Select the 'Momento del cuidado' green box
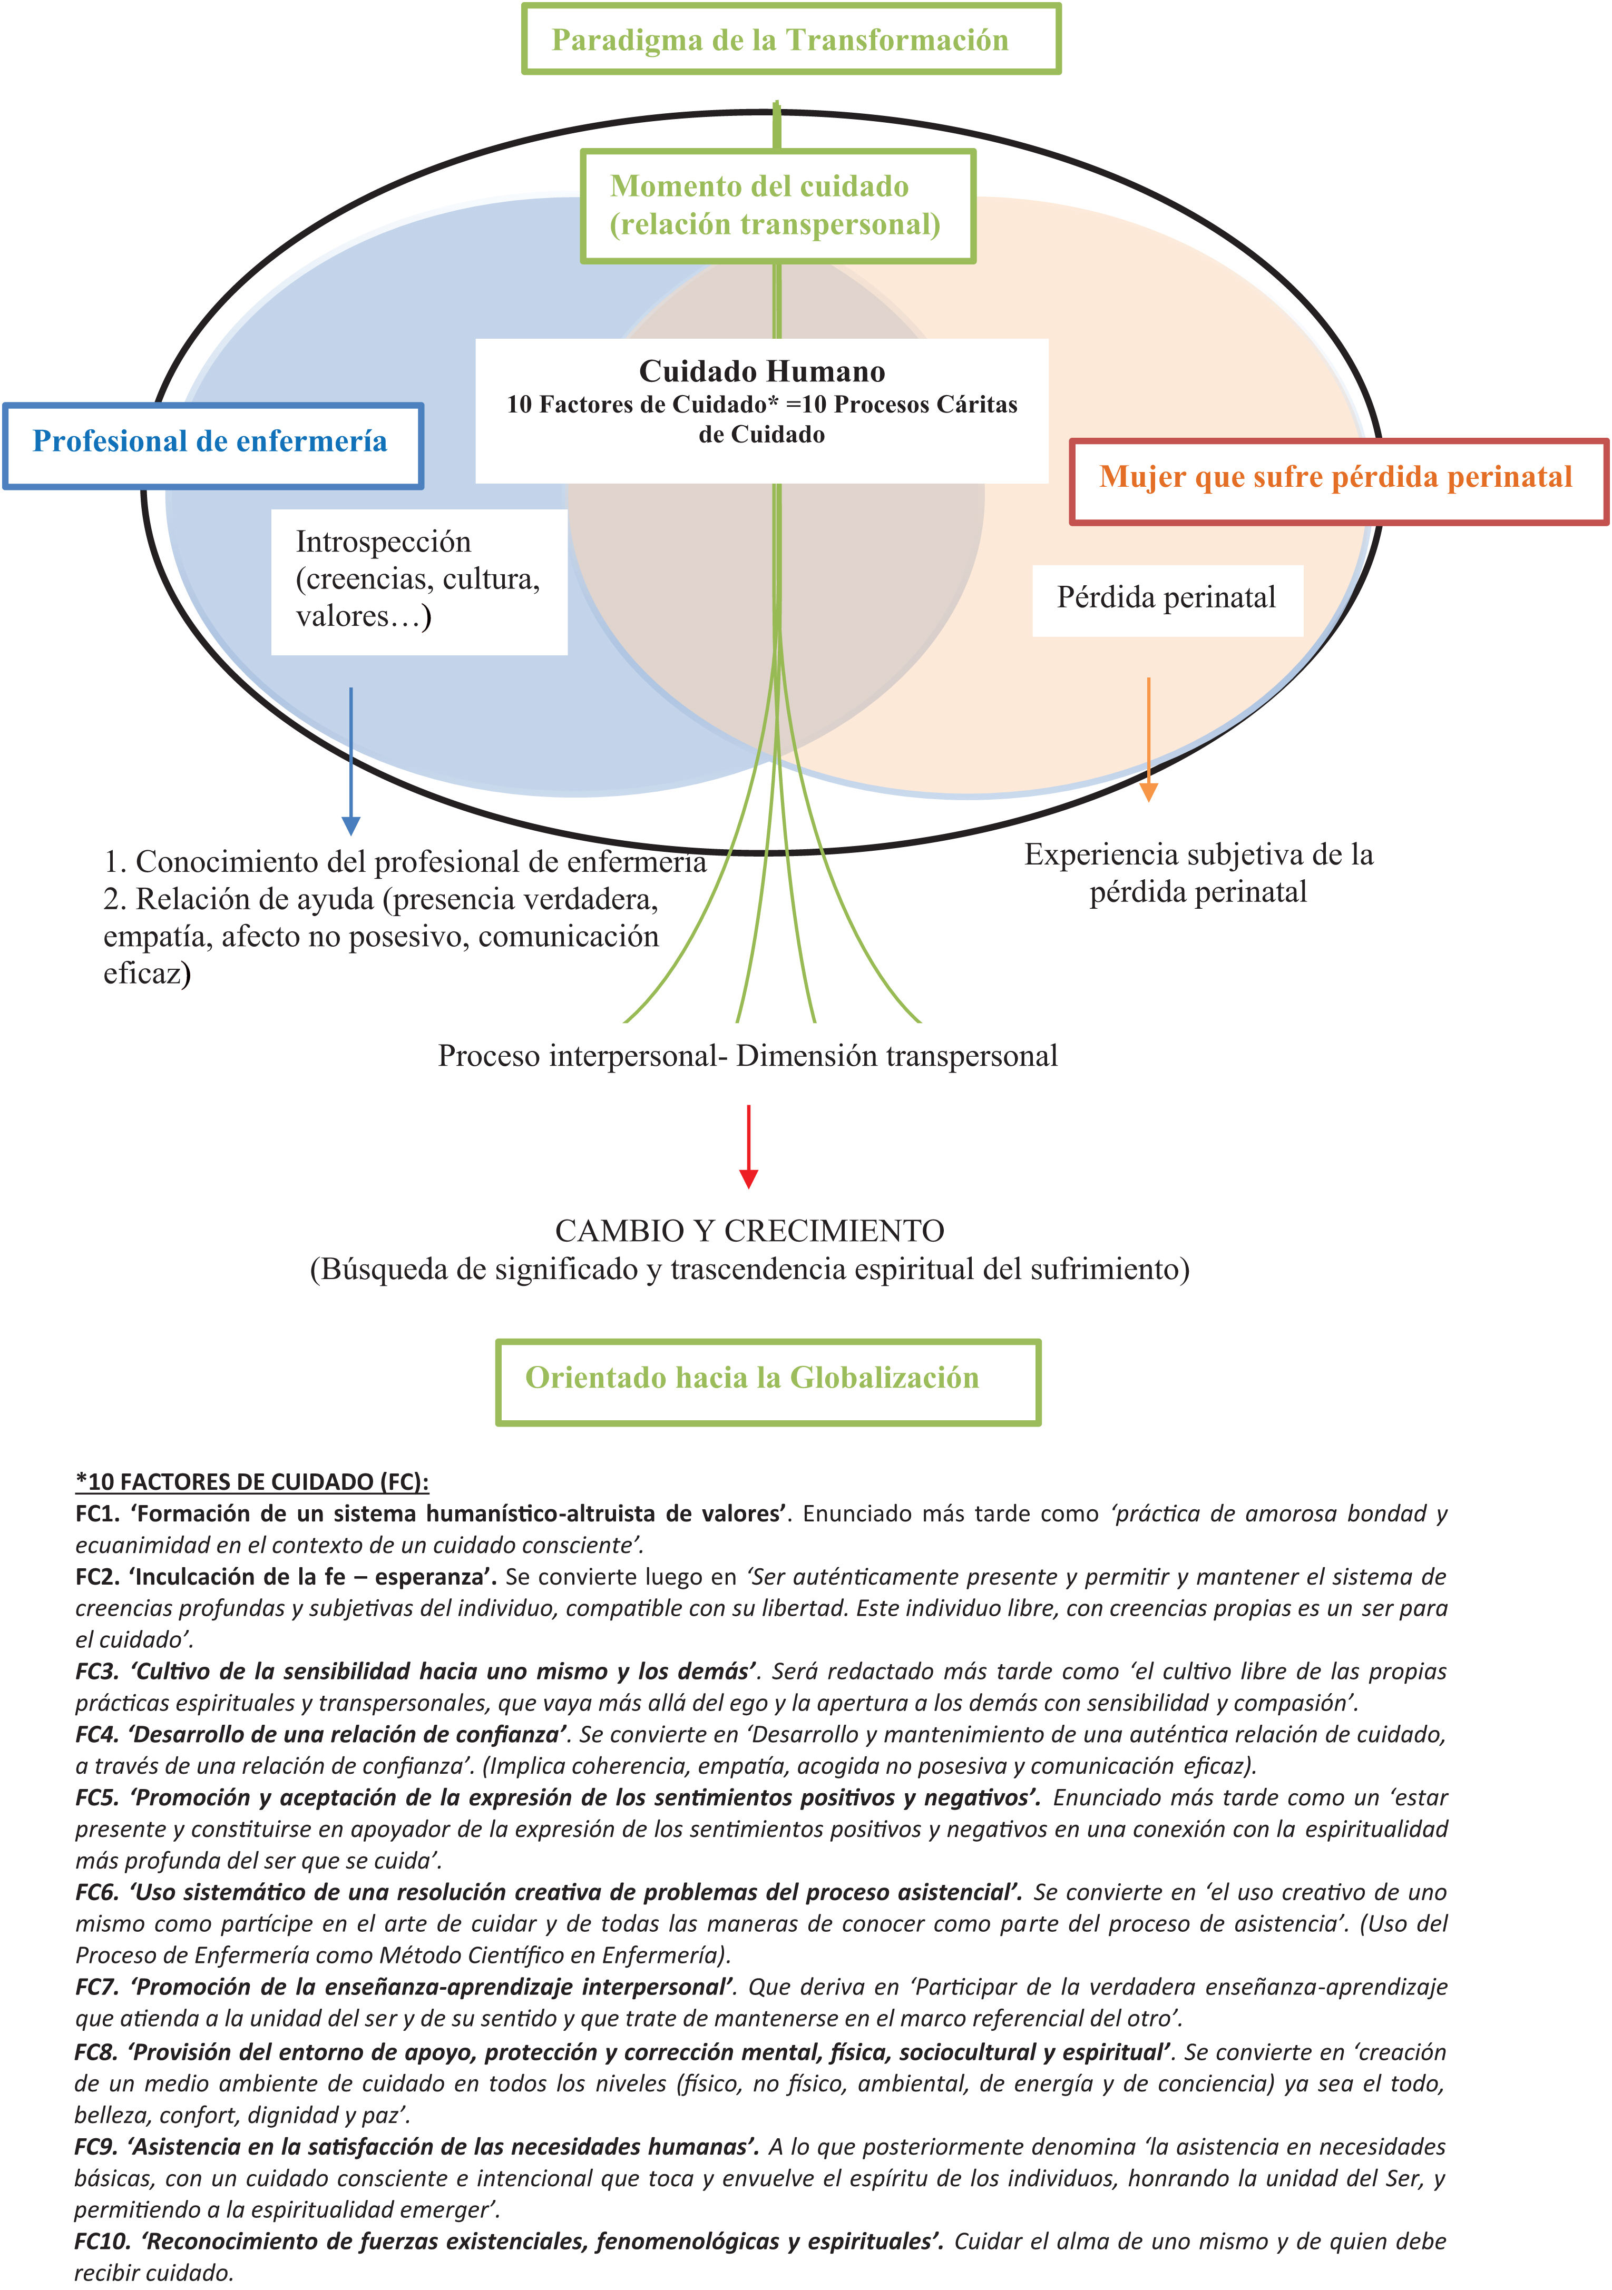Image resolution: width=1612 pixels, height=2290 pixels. coord(777,205)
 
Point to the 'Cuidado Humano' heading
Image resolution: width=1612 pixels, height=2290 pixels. coord(762,372)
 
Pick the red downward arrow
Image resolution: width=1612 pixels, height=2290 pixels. coord(748,1147)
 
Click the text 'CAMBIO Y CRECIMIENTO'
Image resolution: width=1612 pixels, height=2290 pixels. coord(749,1231)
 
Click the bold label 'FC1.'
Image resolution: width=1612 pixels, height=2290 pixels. coord(97,1514)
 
